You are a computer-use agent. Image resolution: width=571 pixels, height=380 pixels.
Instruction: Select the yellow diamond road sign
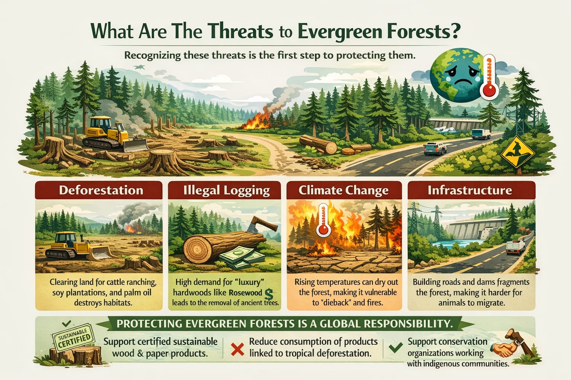coord(517,152)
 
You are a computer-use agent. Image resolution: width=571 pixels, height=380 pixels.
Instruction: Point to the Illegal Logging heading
coord(226,190)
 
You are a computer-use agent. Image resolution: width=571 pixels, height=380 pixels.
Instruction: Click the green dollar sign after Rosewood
coord(269,294)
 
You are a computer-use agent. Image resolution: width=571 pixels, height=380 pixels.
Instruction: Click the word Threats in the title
coord(241,32)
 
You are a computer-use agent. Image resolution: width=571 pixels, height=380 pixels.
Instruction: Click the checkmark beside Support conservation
coord(395,347)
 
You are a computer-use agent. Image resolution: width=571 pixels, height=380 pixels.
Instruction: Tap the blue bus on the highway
coord(481,134)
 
